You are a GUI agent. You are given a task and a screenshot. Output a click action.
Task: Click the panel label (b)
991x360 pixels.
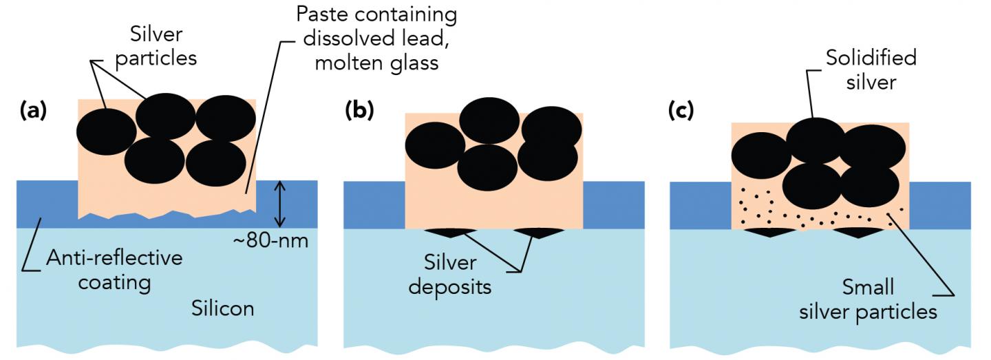tap(360, 110)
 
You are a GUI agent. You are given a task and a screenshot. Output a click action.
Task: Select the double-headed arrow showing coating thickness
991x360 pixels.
tap(279, 204)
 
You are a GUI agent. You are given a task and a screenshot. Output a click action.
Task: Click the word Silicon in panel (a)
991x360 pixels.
tap(222, 308)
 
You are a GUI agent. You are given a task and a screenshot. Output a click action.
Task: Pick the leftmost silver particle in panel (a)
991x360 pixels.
tap(105, 131)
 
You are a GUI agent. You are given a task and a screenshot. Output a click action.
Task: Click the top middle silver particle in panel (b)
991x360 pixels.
tap(489, 120)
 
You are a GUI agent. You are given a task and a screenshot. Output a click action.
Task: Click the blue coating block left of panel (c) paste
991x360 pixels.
tap(700, 205)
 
